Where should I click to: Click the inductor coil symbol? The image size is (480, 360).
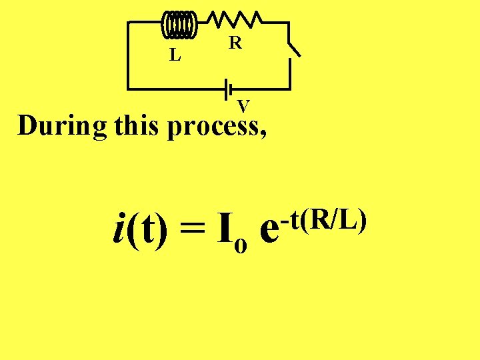179,24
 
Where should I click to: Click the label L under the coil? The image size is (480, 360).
175,55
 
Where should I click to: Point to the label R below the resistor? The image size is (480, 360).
235,43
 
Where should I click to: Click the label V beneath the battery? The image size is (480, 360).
244,105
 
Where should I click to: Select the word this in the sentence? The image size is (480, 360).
137,125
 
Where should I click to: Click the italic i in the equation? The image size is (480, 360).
119,230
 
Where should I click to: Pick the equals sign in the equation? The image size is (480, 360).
193,234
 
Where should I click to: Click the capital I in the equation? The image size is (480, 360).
225,229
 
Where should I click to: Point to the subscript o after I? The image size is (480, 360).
241,246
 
